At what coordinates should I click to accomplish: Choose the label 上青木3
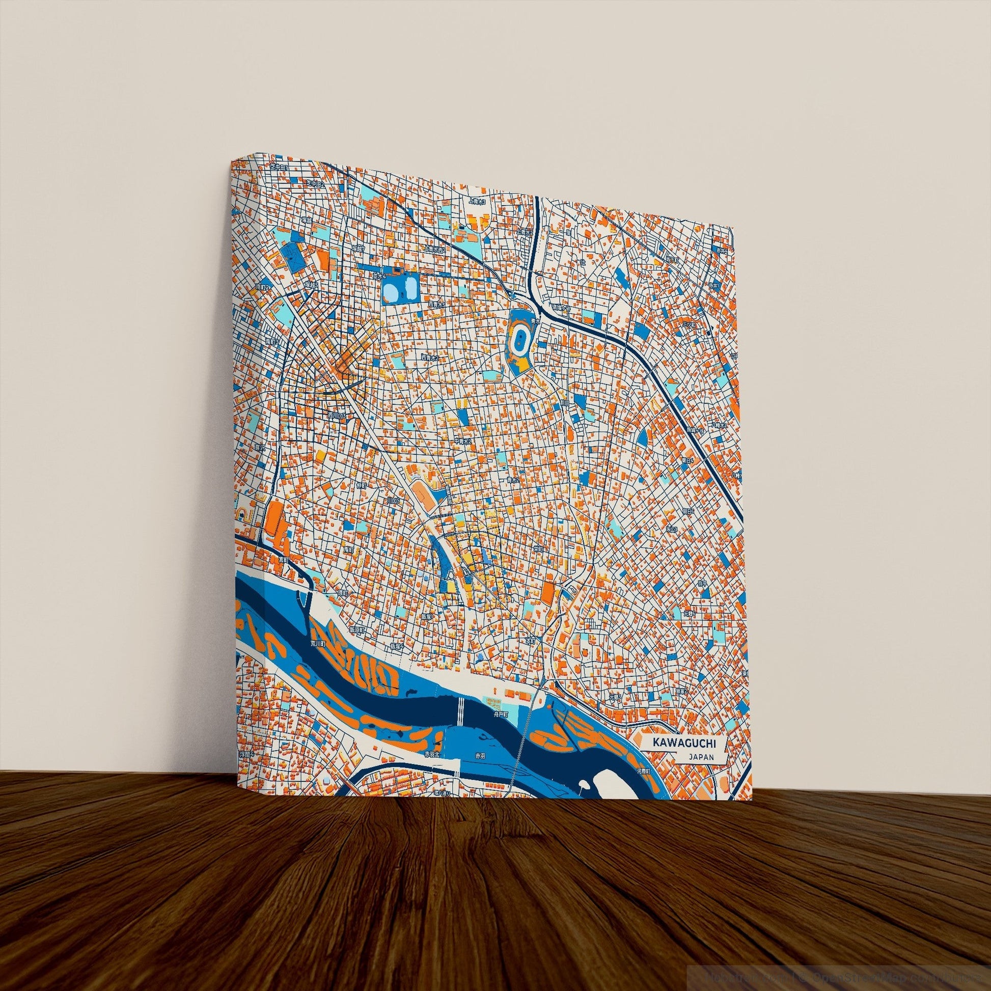point(477,203)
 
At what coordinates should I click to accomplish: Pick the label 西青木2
point(430,356)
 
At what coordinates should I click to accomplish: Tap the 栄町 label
point(538,548)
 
